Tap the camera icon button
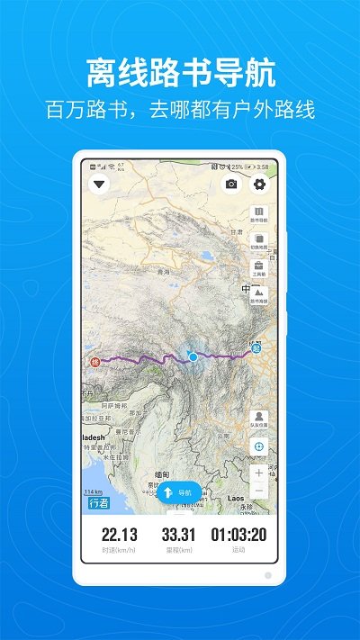coord(231,185)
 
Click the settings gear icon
coord(259,185)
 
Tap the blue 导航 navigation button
coord(179,492)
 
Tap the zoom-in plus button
coord(259,472)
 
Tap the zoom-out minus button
coord(259,491)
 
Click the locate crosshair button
coord(259,446)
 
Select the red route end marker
coord(95,363)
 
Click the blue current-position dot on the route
coord(193,356)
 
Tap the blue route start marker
coord(256,349)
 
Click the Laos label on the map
coord(238,497)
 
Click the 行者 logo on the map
coord(99,503)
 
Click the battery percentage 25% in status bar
coord(236,167)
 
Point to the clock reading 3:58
coord(263,167)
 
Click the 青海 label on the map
coord(163,271)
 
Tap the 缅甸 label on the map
coord(162,474)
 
